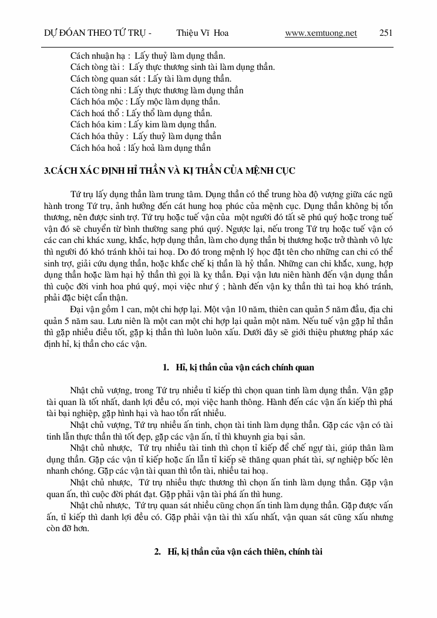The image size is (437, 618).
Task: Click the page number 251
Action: [386, 33]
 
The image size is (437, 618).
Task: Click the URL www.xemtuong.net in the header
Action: [321, 33]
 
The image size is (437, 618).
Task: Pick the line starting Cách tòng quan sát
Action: [150, 79]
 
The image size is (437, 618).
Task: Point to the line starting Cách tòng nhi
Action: [156, 90]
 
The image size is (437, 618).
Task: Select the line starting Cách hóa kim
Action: [143, 124]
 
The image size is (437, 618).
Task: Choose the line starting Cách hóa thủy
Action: [145, 136]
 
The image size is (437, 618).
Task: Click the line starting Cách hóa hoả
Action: [140, 148]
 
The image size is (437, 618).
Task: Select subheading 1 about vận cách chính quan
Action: [238, 367]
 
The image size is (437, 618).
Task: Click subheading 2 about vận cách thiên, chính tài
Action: [238, 552]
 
